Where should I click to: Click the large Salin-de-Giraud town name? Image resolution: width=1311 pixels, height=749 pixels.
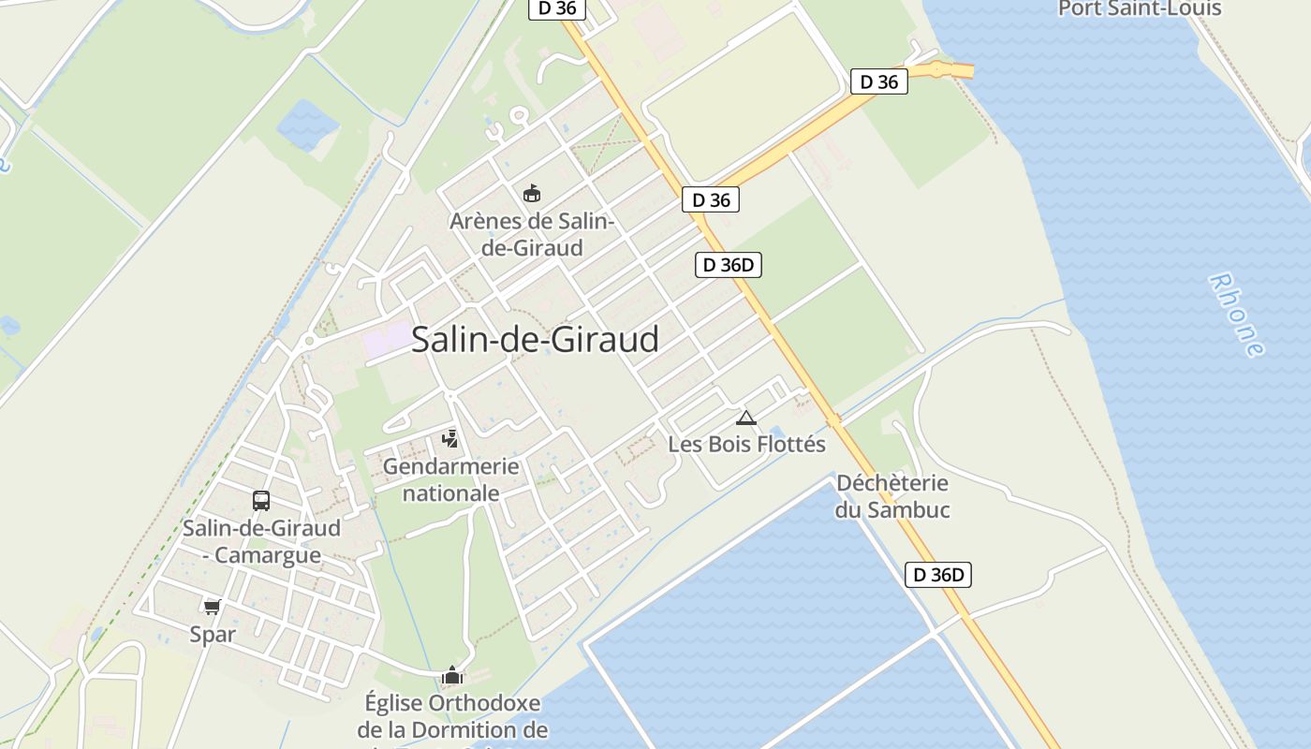535,339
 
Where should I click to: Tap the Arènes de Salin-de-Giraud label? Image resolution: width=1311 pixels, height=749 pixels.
532,235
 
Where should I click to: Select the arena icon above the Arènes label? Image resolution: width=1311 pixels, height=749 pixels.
532,194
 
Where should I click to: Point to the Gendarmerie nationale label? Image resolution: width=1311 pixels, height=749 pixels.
451,479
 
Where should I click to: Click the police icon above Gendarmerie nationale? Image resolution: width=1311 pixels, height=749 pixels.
450,438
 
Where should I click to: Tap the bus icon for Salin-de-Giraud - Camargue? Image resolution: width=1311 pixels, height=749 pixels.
261,501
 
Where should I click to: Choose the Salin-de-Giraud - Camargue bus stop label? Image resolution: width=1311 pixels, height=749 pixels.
261,541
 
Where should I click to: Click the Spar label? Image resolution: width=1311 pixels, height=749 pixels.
213,635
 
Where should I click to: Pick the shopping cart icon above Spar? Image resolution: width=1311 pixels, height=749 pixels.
213,607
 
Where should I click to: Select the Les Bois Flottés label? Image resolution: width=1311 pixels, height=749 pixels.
746,444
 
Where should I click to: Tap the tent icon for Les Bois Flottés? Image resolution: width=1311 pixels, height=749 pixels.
746,418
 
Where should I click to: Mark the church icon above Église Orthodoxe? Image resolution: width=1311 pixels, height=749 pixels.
452,675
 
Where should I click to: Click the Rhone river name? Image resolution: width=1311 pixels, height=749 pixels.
1236,315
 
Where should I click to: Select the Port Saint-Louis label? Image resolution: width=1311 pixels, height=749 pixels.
1140,9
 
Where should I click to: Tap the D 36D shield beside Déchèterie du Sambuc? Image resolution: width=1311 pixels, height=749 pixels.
937,575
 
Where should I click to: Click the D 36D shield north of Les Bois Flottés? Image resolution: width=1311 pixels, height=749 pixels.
728,265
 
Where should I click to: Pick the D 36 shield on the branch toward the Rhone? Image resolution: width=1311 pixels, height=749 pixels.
878,81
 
